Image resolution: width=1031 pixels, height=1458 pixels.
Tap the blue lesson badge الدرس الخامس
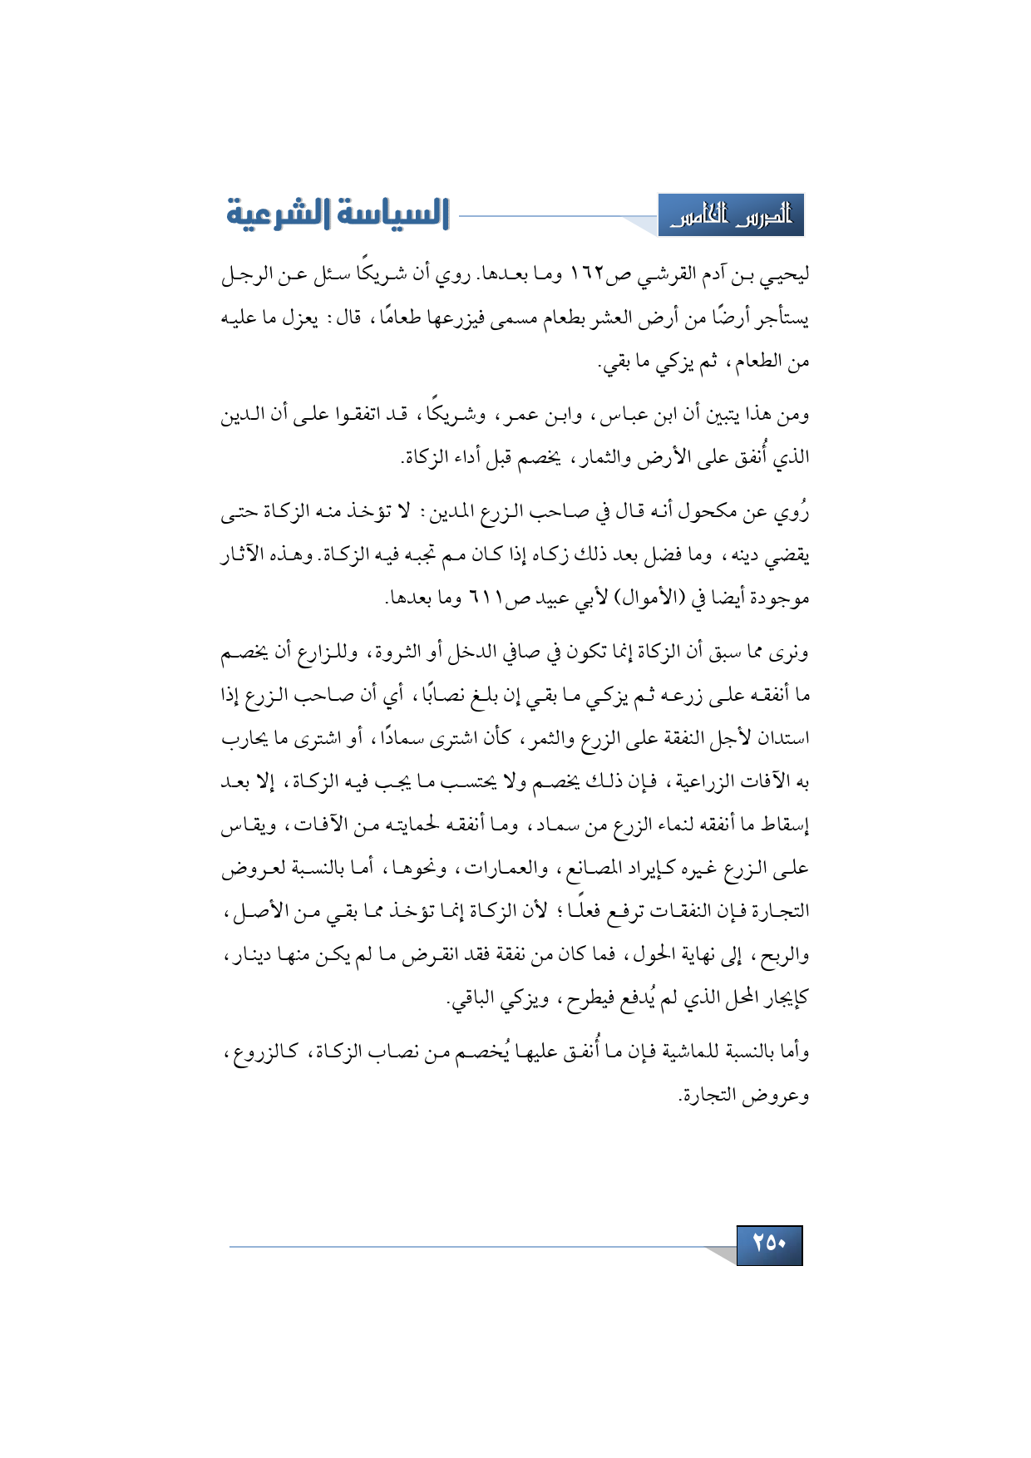[x=731, y=216]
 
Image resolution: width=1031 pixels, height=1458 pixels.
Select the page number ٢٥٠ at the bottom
[x=769, y=1244]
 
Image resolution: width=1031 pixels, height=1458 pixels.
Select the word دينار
[x=249, y=955]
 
